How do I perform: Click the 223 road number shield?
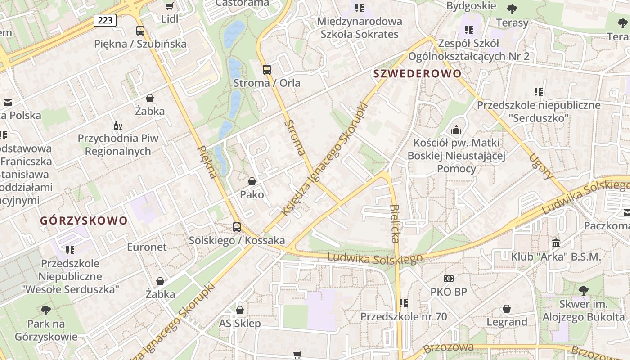pos(105,20)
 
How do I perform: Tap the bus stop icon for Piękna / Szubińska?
pos(140,31)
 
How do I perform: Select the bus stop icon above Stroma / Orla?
pos(267,70)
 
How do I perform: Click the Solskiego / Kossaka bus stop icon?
pos(237,227)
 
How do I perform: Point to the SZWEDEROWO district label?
pos(417,74)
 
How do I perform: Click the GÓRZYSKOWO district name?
pos(84,221)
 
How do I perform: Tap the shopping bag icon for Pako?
pos(252,181)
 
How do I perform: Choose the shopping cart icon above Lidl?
pos(170,6)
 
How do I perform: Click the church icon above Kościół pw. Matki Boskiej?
pos(456,130)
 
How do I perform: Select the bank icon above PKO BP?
pos(449,279)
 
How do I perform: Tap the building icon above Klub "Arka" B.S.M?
pos(556,243)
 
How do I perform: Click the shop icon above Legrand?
pos(507,309)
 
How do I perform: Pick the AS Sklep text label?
pos(239,324)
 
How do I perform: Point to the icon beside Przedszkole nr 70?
pos(404,303)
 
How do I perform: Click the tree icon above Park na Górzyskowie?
pos(45,310)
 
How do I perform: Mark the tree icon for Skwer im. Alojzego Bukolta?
pos(583,291)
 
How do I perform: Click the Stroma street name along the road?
pos(295,138)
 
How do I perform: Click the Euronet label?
pos(147,247)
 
